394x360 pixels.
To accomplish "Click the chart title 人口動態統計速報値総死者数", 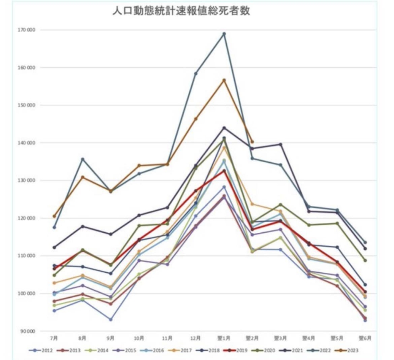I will coord(181,11).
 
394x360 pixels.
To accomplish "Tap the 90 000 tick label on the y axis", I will coord(26,331).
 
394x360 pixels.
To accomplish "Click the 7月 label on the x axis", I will coord(54,338).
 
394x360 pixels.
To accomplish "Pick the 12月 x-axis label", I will coord(195,338).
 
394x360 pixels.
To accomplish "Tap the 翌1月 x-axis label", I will coord(224,338).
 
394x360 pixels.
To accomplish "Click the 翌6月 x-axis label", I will coord(365,338).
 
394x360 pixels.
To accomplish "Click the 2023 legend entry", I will coord(351,350).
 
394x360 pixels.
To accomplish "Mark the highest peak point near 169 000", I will coord(224,34).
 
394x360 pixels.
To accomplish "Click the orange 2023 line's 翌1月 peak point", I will coord(224,80).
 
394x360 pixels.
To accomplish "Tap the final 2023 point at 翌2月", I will coord(252,142).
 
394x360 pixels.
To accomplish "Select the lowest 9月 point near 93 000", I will coord(110,320).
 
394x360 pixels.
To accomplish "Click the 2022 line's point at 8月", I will coord(82,159).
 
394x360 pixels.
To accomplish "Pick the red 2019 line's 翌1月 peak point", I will coord(224,171).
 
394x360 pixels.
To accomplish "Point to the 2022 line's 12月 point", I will coord(195,73).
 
